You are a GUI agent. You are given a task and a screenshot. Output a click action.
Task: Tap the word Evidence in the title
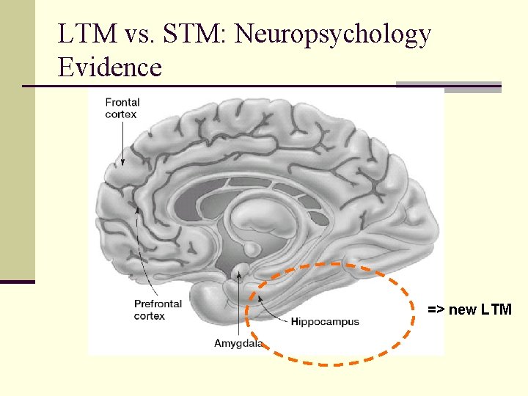tap(110, 67)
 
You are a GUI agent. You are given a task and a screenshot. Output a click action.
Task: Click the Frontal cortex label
tap(122, 109)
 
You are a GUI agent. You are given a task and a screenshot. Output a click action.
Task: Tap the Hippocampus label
tap(325, 322)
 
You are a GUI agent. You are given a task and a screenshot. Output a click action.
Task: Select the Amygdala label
tap(238, 343)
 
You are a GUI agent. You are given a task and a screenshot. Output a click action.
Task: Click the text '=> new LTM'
tap(470, 309)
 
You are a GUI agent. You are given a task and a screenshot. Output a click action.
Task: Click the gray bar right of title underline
tap(449, 87)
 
